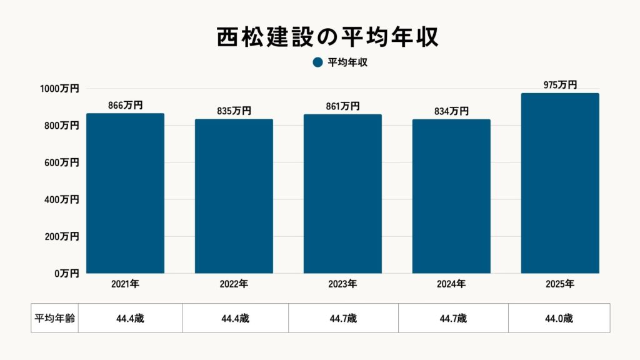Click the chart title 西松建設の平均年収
coord(320,36)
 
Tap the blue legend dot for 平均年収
coord(317,62)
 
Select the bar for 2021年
coord(125,194)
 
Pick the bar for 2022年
coord(234,196)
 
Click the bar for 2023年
coord(342,194)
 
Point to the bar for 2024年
coord(451,196)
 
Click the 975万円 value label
coord(560,85)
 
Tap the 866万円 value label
coord(125,105)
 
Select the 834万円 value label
coord(451,111)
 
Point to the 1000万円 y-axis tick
coord(59,89)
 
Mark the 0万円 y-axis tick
coord(66,274)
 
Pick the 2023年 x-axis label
coord(342,284)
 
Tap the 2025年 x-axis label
coord(560,284)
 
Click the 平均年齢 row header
coord(54,318)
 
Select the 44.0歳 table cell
coord(559,318)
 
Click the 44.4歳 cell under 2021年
coord(130,318)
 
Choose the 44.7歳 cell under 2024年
coord(453,318)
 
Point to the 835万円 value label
coord(234,111)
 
